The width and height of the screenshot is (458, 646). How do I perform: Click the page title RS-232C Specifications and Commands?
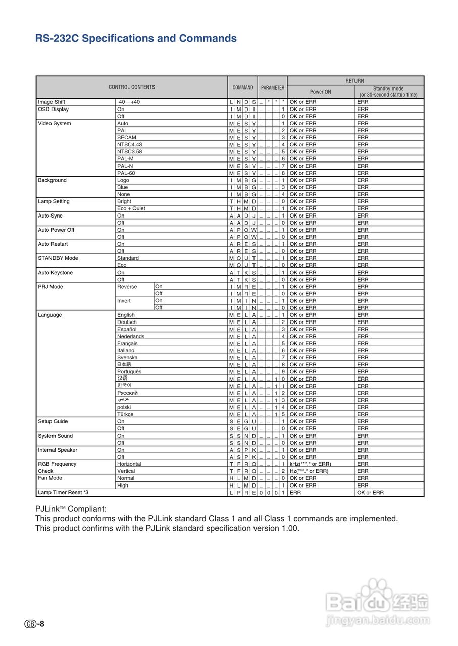coord(136,39)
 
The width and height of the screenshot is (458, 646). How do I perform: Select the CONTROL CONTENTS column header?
coord(132,87)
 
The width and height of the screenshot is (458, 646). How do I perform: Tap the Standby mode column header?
coord(388,92)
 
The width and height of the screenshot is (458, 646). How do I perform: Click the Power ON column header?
coord(321,92)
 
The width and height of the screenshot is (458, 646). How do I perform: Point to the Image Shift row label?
coord(52,102)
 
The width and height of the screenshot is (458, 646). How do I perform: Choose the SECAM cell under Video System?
coord(126,137)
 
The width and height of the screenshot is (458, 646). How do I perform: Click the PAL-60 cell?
coord(126,173)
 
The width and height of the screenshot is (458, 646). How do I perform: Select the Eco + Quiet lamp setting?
coord(131,208)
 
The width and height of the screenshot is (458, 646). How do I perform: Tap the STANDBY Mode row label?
coord(58,258)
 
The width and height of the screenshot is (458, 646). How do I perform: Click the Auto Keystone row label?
coord(55,273)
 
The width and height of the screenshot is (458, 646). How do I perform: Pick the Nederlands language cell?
coord(130,336)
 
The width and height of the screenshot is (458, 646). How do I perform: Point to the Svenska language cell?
coord(127,357)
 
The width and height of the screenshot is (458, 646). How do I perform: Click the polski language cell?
coord(124,407)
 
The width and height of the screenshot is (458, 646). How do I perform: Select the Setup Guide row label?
coord(53,421)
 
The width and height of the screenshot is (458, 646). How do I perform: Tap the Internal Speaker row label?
coord(58,450)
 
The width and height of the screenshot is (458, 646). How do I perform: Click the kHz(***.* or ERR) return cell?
coord(310,464)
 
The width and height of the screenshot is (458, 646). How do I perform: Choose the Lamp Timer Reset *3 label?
coord(63,492)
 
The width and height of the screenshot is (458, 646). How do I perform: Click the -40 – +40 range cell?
coord(128,102)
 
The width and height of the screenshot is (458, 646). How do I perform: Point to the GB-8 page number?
coord(34,624)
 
